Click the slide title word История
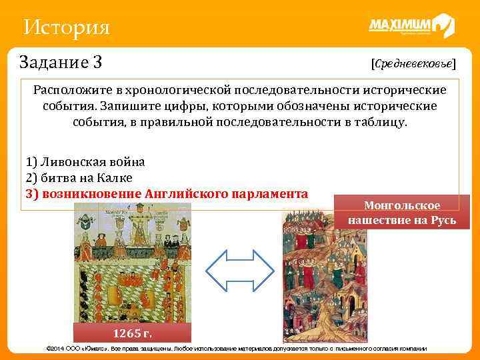tap(65, 28)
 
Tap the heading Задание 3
tap(61, 63)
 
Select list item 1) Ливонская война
tap(85, 162)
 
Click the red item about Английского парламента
tap(167, 193)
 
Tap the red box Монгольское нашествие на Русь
tap(402, 213)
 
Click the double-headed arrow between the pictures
tap(239, 273)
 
